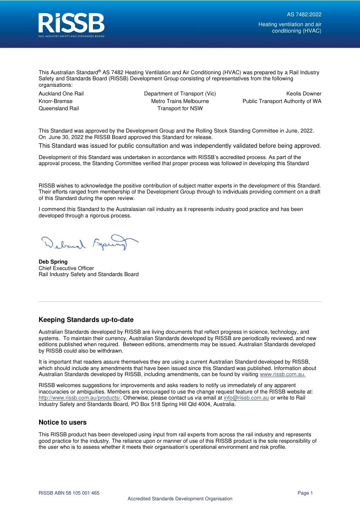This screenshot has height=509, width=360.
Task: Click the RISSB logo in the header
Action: coord(71,25)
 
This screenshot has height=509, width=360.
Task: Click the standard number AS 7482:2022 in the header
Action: coord(304,14)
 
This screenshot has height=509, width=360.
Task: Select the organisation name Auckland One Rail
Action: coord(61,94)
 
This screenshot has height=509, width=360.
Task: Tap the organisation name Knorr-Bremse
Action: coord(55,101)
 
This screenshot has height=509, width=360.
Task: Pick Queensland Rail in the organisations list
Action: coord(59,108)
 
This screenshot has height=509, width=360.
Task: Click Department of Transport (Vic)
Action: coord(180,94)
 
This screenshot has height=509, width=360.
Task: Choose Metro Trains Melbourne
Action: coord(180,101)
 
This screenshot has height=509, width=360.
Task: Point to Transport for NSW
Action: coord(180,108)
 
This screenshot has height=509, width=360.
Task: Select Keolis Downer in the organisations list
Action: coord(304,94)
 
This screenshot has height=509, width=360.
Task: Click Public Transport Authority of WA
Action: coord(282,101)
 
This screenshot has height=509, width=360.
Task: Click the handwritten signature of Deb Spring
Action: coord(89,243)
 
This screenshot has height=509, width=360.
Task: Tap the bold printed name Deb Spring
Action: coord(53,262)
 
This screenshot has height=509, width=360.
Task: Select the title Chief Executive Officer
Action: coord(66,268)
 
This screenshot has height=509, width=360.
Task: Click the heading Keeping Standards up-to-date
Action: coord(86,320)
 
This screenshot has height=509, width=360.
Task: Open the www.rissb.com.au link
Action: coord(282,375)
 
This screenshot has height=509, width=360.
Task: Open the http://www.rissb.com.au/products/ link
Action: coord(79,398)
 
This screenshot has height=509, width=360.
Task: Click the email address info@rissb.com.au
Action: coord(246,398)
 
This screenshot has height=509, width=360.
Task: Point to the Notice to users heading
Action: coord(63,422)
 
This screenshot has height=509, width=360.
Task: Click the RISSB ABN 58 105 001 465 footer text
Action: coord(69,493)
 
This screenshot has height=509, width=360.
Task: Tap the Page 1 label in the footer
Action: coord(305,493)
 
